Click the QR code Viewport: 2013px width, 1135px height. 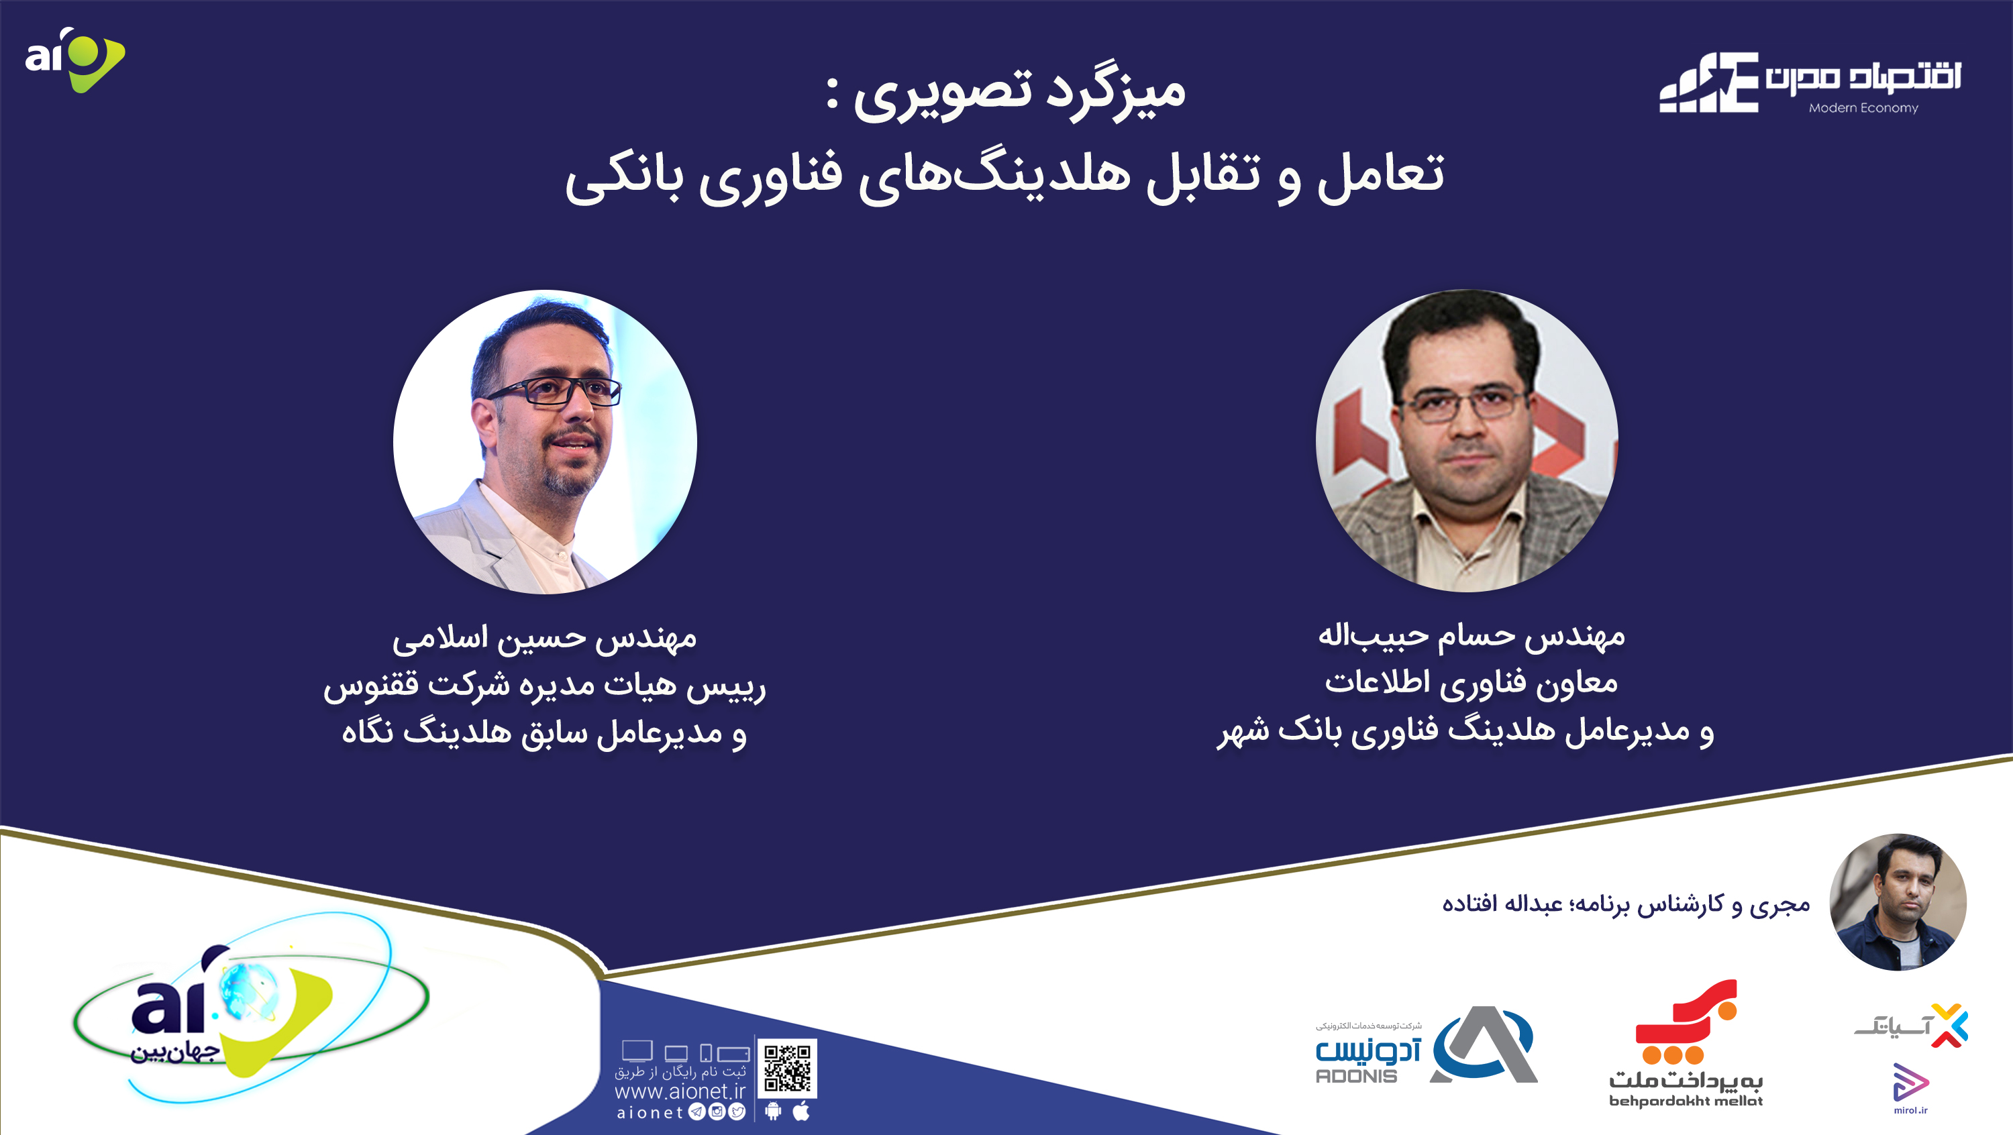[x=787, y=1068]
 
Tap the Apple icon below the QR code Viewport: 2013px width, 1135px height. [x=801, y=1111]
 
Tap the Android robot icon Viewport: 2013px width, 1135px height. [x=773, y=1111]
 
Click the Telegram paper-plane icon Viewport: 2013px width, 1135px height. [x=696, y=1112]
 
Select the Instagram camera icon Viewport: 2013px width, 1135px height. [x=717, y=1112]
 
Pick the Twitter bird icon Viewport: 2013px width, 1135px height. [x=737, y=1112]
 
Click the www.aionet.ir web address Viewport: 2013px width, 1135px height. [x=680, y=1091]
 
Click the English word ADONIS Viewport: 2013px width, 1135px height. [x=1357, y=1075]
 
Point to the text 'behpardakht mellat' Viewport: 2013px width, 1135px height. [x=1686, y=1101]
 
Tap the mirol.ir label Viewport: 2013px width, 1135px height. [x=1910, y=1110]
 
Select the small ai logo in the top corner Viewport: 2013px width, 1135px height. [x=75, y=60]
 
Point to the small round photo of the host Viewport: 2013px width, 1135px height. [x=1898, y=902]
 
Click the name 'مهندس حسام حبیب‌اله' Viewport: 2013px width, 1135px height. [x=1472, y=637]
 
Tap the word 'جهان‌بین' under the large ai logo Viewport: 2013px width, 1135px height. [x=174, y=1052]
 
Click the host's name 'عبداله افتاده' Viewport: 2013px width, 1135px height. [x=1502, y=904]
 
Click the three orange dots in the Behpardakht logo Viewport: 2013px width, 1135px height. [x=1672, y=1055]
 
